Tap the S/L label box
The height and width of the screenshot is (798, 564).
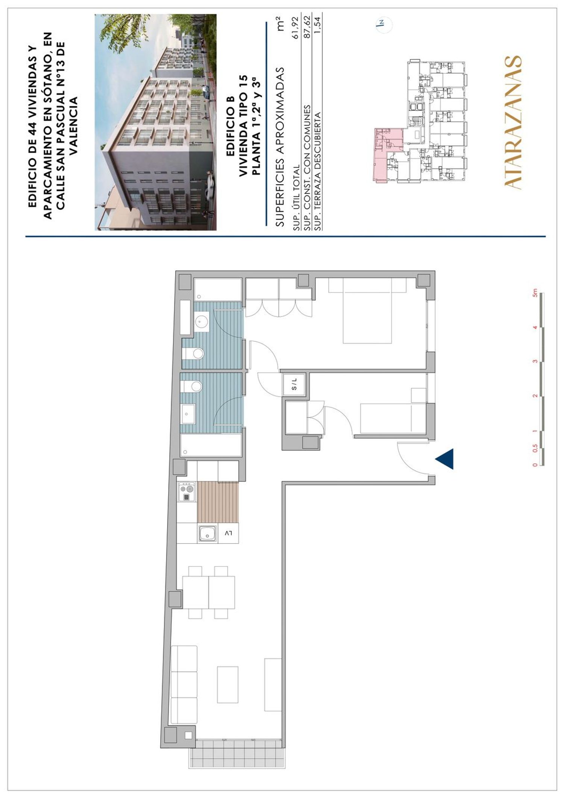[294, 384]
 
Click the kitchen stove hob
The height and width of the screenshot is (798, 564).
[187, 492]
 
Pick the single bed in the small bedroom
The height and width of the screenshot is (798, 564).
[393, 419]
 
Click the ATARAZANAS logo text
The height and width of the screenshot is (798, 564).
[512, 122]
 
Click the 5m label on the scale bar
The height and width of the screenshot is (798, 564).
[535, 293]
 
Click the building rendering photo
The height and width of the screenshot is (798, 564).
[156, 122]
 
